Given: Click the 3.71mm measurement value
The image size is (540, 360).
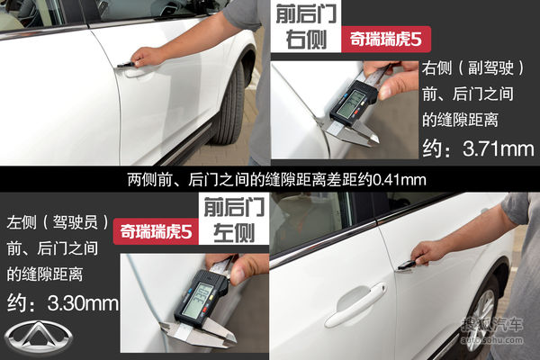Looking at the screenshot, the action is [x=499, y=148].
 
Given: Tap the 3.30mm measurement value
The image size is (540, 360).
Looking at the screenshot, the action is [x=83, y=303].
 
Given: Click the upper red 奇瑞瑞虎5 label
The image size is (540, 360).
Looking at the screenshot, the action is [x=386, y=39].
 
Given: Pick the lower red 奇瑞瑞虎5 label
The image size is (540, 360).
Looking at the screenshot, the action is [x=156, y=231].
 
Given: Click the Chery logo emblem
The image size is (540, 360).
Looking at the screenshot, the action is [x=38, y=337].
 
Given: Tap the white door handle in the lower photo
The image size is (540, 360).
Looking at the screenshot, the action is [x=355, y=306].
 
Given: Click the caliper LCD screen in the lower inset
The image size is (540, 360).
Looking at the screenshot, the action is [x=195, y=299].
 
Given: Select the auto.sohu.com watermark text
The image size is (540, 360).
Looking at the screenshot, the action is [x=491, y=340].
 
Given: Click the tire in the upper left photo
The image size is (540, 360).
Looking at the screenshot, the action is [x=229, y=103].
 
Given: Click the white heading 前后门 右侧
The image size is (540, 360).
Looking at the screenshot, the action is [x=306, y=27].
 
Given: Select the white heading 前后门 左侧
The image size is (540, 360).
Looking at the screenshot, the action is [x=234, y=220].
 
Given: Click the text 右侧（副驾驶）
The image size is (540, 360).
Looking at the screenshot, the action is [x=473, y=67].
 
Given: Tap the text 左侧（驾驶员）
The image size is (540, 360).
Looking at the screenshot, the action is [x=58, y=222].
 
